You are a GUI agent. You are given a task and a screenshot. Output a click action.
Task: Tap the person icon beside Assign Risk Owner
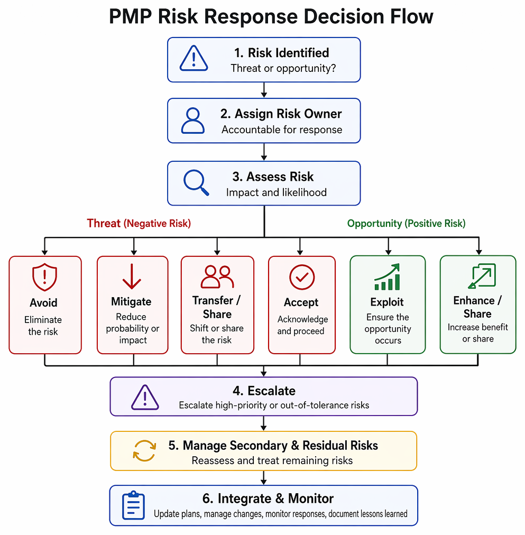coord(193,121)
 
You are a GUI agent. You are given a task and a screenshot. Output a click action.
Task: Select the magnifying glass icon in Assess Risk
coord(196,182)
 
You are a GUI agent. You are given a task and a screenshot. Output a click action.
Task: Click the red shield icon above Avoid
coord(44,276)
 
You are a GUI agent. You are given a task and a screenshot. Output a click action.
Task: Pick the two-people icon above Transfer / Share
coord(217,276)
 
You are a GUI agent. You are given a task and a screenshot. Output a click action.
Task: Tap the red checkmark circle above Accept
coord(302,277)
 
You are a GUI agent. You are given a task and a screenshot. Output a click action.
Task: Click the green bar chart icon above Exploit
coord(387,276)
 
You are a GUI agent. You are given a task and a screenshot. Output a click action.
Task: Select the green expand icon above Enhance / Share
coord(482,275)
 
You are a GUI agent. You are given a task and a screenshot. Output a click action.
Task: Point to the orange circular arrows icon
coord(144,450)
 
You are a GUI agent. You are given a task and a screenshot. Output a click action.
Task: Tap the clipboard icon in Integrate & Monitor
coord(133,505)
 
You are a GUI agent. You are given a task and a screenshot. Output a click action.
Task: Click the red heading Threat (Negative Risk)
coord(139,223)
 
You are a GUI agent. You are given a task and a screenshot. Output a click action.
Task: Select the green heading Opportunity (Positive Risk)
coord(406,224)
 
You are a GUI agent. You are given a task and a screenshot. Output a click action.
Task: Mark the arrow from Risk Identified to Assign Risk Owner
coord(264,90)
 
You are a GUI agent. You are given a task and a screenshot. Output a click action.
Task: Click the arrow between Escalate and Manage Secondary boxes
coord(263,423)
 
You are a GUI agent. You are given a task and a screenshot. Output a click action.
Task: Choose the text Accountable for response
coord(282,130)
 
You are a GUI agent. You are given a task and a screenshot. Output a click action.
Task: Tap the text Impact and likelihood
coord(277,192)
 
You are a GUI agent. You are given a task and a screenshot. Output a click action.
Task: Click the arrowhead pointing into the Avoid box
coord(45,253)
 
